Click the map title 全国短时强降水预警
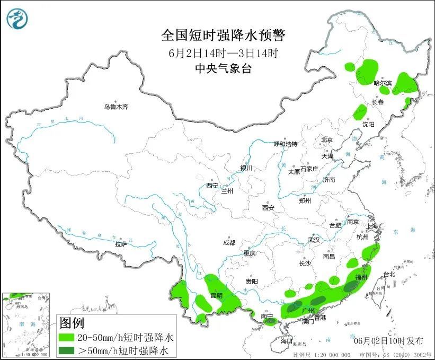[x=223, y=36]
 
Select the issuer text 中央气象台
[x=223, y=68]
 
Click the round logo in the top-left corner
[x=17, y=19]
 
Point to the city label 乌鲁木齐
[x=116, y=107]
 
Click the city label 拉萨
[x=121, y=244]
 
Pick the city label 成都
[x=229, y=243]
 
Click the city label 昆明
[x=217, y=295]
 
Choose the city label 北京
[x=326, y=140]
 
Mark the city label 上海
[x=372, y=226]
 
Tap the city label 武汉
[x=314, y=240]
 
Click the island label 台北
[x=389, y=274]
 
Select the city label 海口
[x=287, y=340]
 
